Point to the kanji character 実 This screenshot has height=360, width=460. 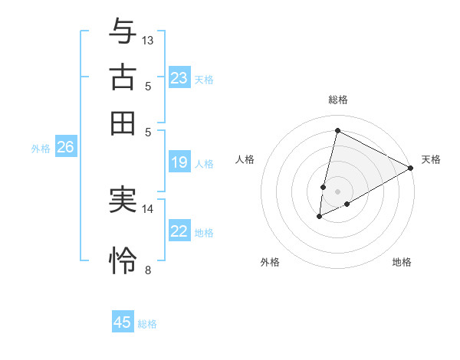point(123,201)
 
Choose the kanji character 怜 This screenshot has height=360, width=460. point(123,260)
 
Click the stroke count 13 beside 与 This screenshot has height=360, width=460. point(148,40)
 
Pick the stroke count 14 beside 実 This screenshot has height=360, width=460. point(148,208)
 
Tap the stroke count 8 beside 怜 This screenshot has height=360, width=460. point(148,270)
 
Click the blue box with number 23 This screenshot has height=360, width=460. point(179,78)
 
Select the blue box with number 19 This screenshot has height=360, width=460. point(179,162)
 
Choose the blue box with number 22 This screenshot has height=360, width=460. point(179,231)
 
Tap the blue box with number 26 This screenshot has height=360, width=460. point(65,148)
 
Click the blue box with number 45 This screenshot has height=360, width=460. point(123,322)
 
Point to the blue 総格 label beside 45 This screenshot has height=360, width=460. point(147,324)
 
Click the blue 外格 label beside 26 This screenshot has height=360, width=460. point(41,149)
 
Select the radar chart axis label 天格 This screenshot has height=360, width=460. point(431,159)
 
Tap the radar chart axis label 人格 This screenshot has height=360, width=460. point(245,159)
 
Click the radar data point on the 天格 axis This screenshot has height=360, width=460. point(411,169)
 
